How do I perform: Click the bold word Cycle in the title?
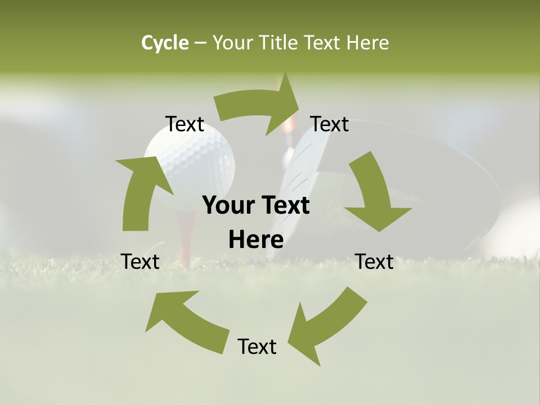click(165, 43)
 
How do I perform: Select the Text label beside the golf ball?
click(184, 124)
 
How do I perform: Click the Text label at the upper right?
click(330, 124)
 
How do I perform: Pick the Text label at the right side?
click(374, 262)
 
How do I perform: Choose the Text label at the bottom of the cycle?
click(257, 346)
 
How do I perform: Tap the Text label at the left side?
click(140, 262)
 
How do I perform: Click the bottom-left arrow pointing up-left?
click(180, 318)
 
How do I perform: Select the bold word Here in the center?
click(256, 240)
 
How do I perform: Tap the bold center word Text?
click(285, 206)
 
